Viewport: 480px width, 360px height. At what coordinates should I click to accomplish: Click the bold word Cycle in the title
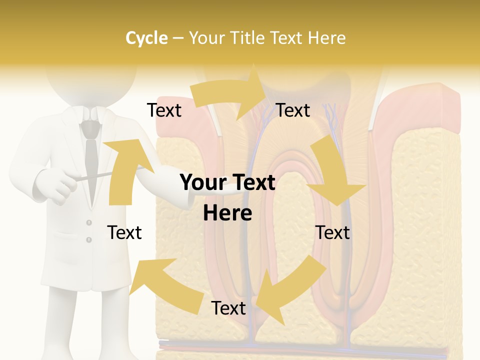click(146, 38)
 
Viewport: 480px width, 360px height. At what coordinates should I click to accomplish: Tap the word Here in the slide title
click(326, 38)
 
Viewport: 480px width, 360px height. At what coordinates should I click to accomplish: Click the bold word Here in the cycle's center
click(227, 213)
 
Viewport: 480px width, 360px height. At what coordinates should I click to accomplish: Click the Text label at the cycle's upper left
click(164, 110)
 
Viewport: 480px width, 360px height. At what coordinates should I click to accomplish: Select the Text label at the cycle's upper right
click(293, 110)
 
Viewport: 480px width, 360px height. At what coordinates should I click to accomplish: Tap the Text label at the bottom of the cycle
click(228, 308)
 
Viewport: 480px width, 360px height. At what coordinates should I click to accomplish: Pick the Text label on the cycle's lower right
click(332, 232)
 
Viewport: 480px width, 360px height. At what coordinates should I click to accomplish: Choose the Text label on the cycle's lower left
click(124, 232)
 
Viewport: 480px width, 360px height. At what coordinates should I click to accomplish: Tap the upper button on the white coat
click(89, 222)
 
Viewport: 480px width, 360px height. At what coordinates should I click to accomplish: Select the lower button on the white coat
click(89, 240)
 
